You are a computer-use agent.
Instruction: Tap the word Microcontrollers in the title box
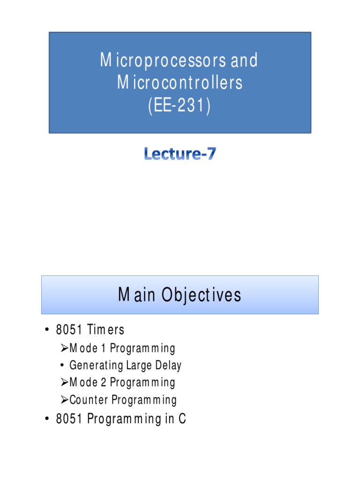click(x=180, y=83)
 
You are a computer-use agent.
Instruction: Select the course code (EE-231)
click(x=180, y=105)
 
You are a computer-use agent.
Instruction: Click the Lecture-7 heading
click(x=180, y=154)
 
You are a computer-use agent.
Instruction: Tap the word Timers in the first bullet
click(x=107, y=330)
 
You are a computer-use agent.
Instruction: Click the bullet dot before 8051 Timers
click(x=47, y=330)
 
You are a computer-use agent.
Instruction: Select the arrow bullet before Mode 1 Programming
click(x=65, y=348)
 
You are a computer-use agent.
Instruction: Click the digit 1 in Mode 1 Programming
click(x=104, y=349)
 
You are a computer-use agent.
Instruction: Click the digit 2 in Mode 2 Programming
click(x=104, y=382)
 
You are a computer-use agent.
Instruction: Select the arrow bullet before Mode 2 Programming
click(x=65, y=382)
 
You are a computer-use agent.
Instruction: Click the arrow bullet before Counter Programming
click(x=65, y=400)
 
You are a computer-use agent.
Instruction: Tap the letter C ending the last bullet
click(x=182, y=419)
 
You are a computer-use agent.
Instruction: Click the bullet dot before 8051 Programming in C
click(x=47, y=419)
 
